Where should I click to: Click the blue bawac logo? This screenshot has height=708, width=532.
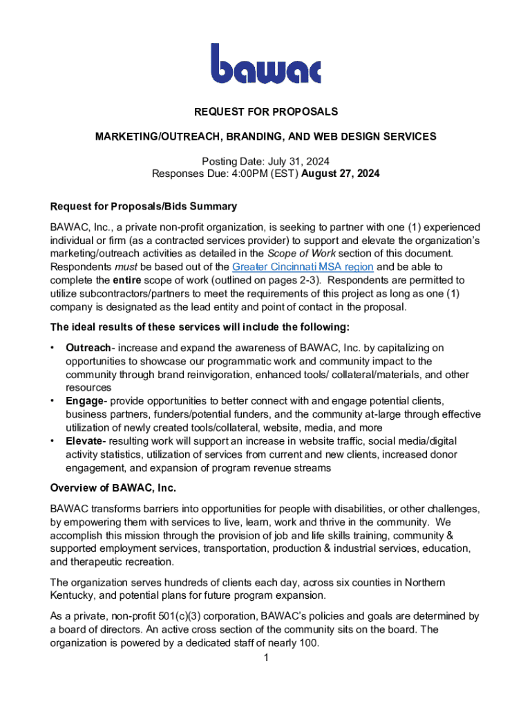tap(266, 64)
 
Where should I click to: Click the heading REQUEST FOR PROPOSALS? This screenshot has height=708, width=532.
tap(266, 111)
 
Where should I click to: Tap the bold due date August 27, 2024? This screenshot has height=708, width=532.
tap(341, 174)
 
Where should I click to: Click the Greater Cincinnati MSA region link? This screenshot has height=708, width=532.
tap(303, 267)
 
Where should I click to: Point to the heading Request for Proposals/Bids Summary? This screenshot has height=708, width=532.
tap(144, 206)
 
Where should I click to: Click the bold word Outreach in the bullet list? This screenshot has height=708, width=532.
tap(88, 348)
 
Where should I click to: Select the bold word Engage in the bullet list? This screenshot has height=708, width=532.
tap(84, 401)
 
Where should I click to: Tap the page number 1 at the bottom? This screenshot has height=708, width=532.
tap(266, 658)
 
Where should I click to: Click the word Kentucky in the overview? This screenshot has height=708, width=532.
tap(75, 595)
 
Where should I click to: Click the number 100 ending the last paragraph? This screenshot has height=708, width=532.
tap(309, 643)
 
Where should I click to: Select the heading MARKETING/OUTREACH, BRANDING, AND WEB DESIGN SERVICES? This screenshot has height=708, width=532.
tap(266, 136)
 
